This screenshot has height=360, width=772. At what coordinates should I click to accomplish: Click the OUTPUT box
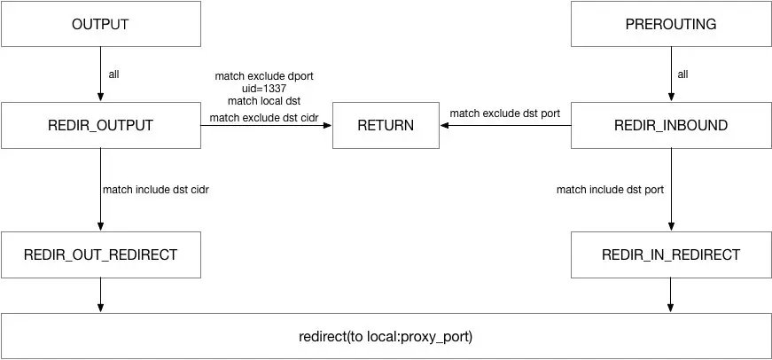pyautogui.click(x=100, y=24)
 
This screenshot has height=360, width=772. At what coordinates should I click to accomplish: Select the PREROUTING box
pyautogui.click(x=671, y=24)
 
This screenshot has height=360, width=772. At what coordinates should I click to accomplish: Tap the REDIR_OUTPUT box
pyautogui.click(x=100, y=125)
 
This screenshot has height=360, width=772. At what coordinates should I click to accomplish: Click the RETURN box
pyautogui.click(x=385, y=125)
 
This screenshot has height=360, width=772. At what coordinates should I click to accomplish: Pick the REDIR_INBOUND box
pyautogui.click(x=671, y=125)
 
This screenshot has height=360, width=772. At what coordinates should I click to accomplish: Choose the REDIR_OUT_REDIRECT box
pyautogui.click(x=100, y=254)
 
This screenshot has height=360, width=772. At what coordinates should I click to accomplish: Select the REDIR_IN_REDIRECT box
pyautogui.click(x=671, y=254)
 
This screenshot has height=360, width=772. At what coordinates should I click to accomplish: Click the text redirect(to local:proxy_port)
pyautogui.click(x=386, y=337)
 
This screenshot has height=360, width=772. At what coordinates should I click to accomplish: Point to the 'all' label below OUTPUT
pyautogui.click(x=113, y=74)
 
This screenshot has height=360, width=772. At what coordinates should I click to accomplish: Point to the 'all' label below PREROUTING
pyautogui.click(x=682, y=74)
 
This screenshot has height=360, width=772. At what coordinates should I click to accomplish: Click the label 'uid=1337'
pyautogui.click(x=264, y=88)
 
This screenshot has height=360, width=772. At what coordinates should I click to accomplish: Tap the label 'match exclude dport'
pyautogui.click(x=263, y=74)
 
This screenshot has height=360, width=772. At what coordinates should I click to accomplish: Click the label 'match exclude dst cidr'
pyautogui.click(x=264, y=116)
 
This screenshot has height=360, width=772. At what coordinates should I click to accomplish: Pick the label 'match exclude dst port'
pyautogui.click(x=503, y=113)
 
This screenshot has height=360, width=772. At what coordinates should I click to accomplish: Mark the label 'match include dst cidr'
pyautogui.click(x=156, y=189)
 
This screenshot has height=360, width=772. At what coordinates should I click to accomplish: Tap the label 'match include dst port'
pyautogui.click(x=610, y=189)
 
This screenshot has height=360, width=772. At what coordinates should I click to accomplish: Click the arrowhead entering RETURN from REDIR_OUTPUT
pyautogui.click(x=327, y=125)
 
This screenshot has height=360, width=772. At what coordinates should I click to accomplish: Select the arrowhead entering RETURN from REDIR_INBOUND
pyautogui.click(x=444, y=125)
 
